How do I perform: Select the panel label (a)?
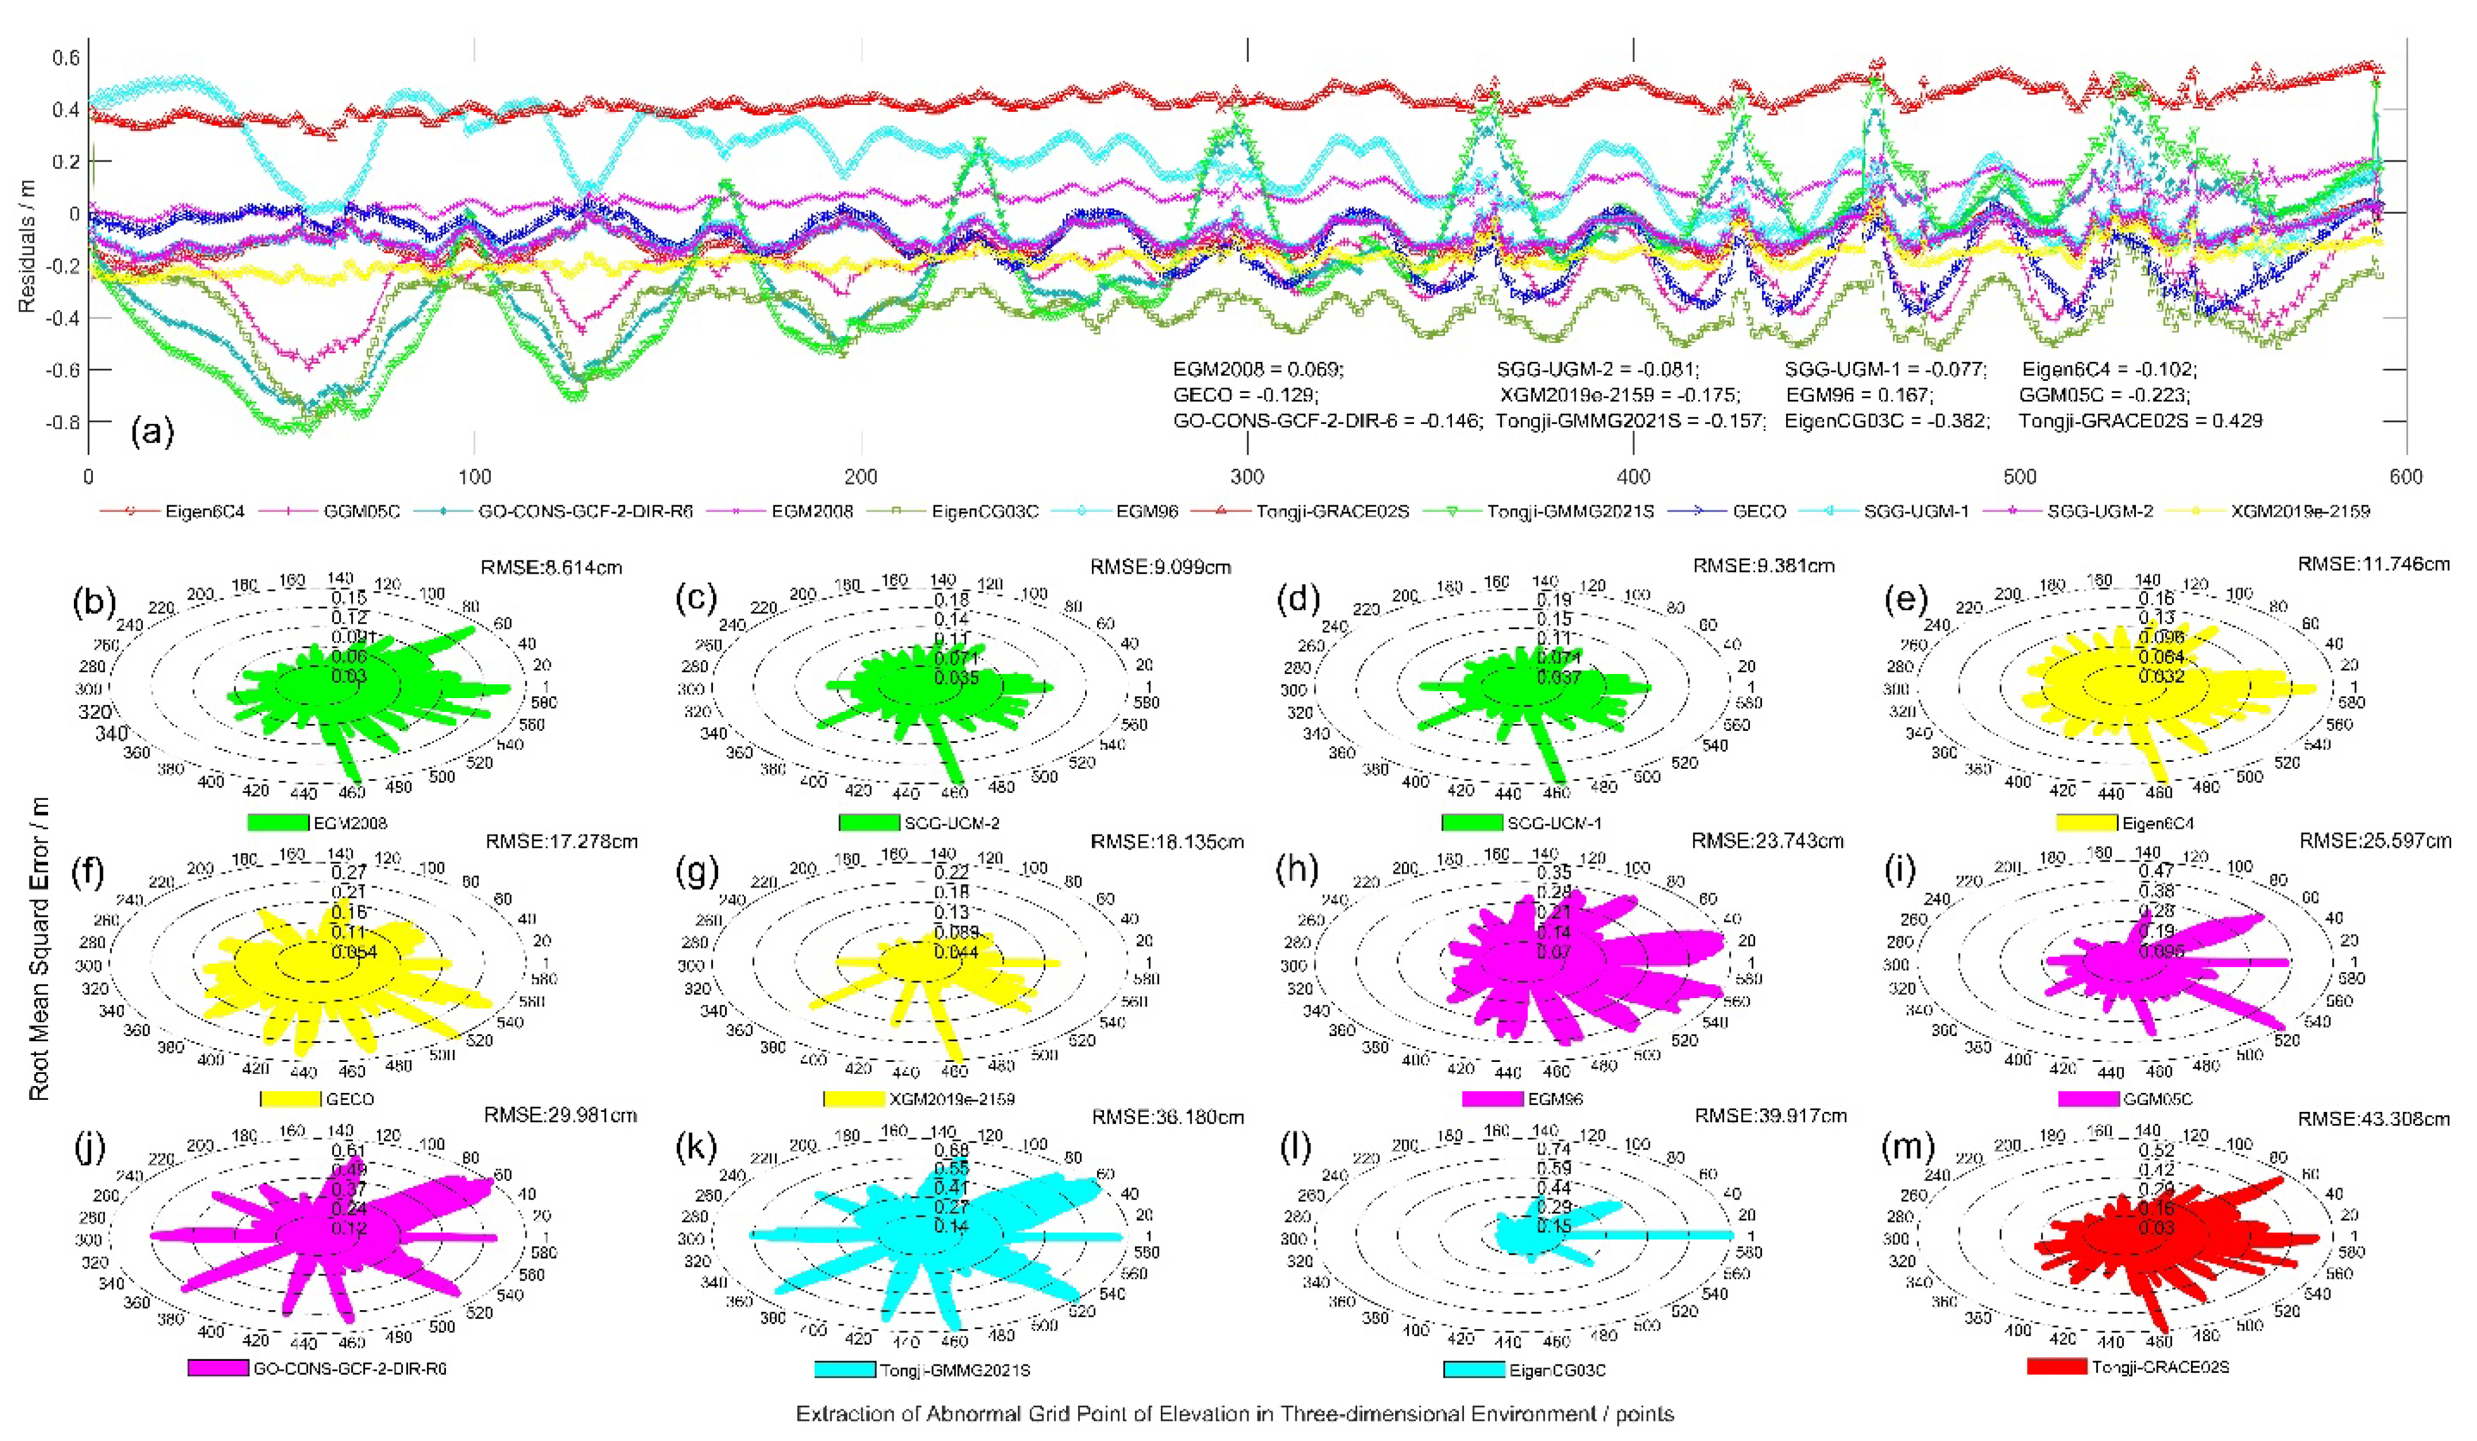[x=152, y=430]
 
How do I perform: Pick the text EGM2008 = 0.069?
[x=1257, y=370]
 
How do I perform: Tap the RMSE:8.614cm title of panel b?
[x=551, y=567]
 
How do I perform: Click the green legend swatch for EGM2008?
[x=278, y=822]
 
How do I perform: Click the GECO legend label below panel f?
[x=349, y=1099]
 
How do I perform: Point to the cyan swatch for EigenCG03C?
[x=1473, y=1369]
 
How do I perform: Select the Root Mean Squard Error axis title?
[x=39, y=948]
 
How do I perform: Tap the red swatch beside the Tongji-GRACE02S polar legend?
[x=2056, y=1366]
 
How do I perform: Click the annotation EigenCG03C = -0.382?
[x=1887, y=421]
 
